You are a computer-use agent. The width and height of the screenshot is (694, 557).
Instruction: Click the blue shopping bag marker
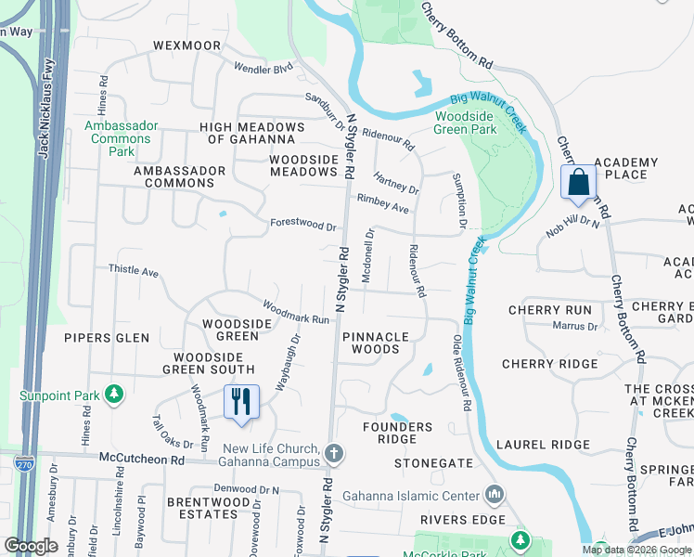click(x=577, y=183)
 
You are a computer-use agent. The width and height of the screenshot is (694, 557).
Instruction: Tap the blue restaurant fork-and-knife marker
click(x=239, y=403)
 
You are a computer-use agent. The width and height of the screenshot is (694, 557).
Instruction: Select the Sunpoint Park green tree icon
click(x=115, y=395)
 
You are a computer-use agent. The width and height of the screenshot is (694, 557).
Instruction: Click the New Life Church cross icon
click(x=334, y=454)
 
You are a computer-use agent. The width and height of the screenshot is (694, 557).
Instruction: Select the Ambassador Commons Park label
click(x=116, y=138)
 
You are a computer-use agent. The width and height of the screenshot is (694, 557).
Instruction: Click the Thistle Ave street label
click(x=134, y=271)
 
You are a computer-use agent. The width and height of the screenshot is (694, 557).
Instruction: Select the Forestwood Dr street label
click(x=302, y=225)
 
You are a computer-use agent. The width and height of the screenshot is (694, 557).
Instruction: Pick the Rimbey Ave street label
click(x=383, y=204)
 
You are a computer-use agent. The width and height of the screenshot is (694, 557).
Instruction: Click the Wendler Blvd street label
click(x=263, y=69)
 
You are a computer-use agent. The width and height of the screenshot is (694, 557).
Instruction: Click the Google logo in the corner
click(x=31, y=545)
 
